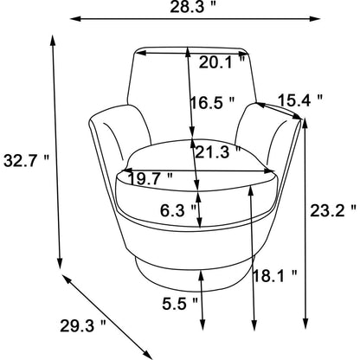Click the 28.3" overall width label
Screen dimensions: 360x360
point(193,6)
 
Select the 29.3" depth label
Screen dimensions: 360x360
point(83,326)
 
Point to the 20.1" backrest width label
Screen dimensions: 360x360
point(222,62)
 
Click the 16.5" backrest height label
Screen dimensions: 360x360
point(212,102)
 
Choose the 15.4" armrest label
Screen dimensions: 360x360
point(300,100)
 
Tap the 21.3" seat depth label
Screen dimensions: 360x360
point(217,151)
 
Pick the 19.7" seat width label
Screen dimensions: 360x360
point(151,179)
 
